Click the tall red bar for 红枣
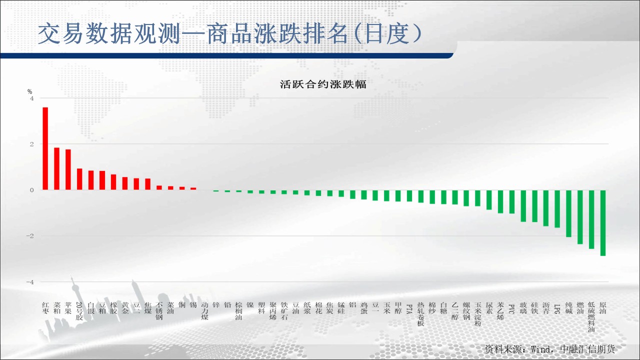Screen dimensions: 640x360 45,148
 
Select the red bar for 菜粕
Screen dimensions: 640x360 56,168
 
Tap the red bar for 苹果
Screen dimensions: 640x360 68,169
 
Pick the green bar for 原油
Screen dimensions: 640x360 603,223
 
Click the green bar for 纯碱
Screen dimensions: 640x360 568,213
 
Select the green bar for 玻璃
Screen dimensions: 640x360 523,206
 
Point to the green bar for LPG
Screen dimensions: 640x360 557,209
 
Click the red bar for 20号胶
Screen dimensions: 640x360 79,179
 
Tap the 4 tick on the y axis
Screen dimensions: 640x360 31,98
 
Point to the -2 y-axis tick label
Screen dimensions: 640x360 30,236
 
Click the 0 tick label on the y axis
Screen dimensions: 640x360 31,190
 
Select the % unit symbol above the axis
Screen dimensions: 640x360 29,91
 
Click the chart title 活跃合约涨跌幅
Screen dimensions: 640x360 323,84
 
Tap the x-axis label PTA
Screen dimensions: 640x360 409,308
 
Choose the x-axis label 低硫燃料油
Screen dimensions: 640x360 591,317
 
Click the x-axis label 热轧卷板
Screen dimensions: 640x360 420,314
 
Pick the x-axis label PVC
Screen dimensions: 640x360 511,309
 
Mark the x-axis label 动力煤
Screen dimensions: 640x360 204,311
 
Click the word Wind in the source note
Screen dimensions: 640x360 540,349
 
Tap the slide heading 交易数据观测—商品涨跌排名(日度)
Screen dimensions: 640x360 230,33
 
